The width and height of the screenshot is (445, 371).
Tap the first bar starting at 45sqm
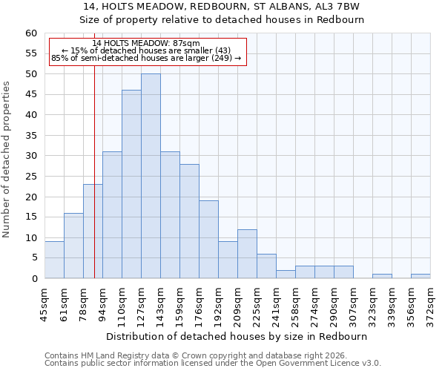pos(54,260)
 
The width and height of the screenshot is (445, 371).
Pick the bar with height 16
pos(73,246)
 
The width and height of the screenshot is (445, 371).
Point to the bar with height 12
pos(247,254)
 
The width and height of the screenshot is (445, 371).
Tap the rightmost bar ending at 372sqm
pos(421,276)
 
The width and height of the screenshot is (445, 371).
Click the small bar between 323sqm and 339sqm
pos(382,276)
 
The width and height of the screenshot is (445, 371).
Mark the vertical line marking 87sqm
pos(94,185)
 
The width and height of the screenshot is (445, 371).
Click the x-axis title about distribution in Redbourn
pos(237,336)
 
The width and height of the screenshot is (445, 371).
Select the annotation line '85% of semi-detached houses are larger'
pos(146,58)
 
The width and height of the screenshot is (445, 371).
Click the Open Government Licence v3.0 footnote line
pos(213,364)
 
